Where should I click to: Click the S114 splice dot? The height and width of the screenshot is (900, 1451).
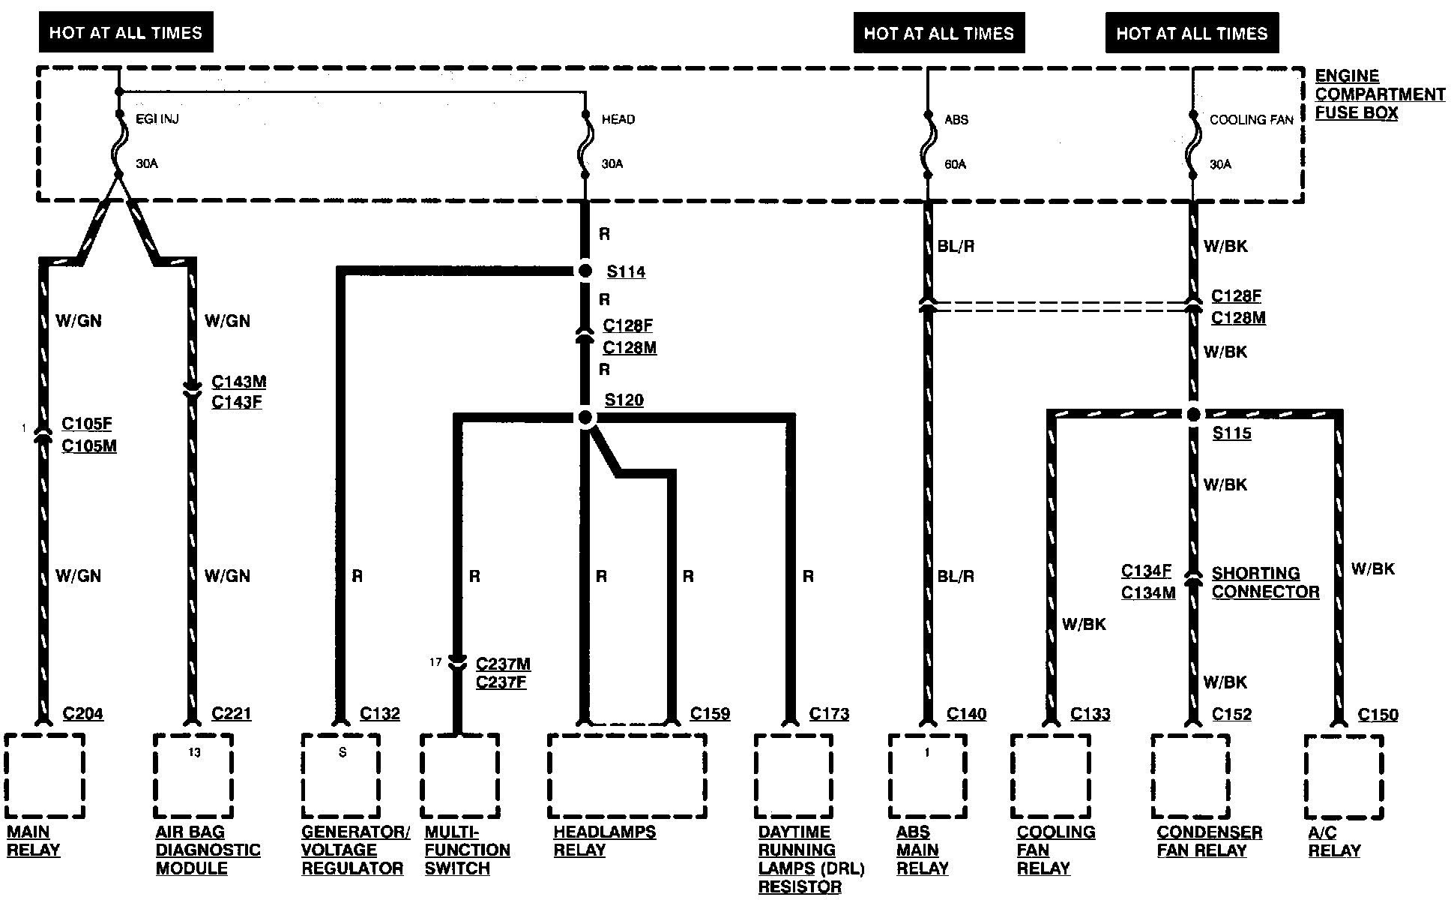point(585,271)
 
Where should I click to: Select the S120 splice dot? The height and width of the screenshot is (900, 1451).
point(585,417)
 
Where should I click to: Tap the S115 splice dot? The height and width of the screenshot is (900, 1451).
point(1193,414)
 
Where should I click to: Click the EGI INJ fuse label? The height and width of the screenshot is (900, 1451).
point(157,119)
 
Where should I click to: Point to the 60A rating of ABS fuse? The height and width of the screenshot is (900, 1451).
point(955,164)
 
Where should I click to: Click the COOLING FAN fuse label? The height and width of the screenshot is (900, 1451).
point(1252,120)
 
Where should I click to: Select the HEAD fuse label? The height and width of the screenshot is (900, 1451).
point(618,119)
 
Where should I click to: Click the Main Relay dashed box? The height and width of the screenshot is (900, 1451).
point(44,775)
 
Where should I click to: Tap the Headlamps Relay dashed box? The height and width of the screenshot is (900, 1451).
point(627,775)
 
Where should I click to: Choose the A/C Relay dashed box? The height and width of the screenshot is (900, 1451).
point(1343,776)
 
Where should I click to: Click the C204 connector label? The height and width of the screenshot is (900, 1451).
point(82,714)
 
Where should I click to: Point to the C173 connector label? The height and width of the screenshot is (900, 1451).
point(829,714)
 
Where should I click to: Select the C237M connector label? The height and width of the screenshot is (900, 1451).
point(503,664)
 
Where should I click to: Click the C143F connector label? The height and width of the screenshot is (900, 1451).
point(237,402)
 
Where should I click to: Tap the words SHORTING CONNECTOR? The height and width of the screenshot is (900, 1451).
point(1265,583)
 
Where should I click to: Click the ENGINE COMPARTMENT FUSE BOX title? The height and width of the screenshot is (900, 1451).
point(1379,94)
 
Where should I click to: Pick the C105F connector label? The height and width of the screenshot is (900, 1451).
point(87,424)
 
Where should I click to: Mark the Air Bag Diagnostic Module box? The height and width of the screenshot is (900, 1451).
point(193,775)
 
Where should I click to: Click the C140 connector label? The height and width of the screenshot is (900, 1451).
point(966,714)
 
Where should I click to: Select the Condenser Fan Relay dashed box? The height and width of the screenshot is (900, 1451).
point(1190,776)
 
